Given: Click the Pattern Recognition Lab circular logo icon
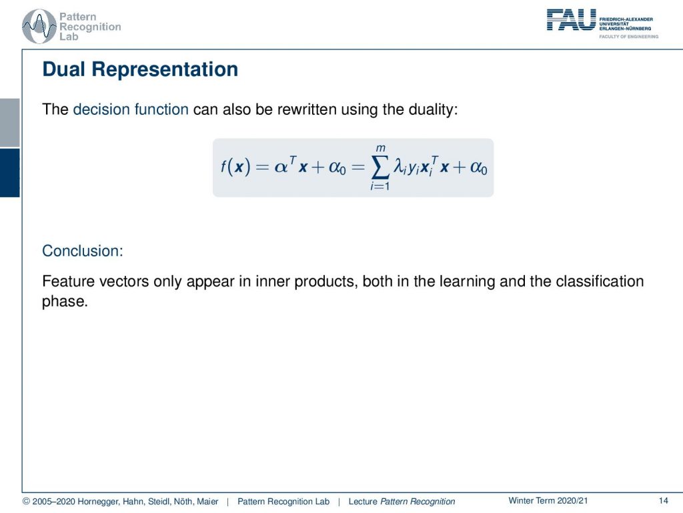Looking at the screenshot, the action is [39, 27].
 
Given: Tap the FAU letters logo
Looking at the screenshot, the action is [571, 19].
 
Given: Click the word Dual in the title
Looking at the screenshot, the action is [63, 69].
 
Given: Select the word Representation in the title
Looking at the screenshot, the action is [165, 69].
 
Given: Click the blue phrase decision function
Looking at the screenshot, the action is [131, 109].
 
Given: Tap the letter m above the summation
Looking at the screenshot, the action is [381, 148].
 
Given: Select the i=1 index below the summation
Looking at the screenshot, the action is [380, 186].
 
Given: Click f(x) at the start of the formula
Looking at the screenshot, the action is [235, 166].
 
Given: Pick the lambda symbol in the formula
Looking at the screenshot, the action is [399, 166].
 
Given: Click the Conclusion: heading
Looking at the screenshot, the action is [83, 251].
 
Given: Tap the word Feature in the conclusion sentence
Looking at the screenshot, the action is [69, 281].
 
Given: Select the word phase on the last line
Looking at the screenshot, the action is [65, 301].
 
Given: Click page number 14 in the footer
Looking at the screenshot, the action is [664, 501].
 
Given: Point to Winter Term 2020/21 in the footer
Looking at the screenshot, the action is [548, 501].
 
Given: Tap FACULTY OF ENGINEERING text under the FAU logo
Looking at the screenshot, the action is [628, 37].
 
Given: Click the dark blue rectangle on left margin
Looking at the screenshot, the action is [9, 173].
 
